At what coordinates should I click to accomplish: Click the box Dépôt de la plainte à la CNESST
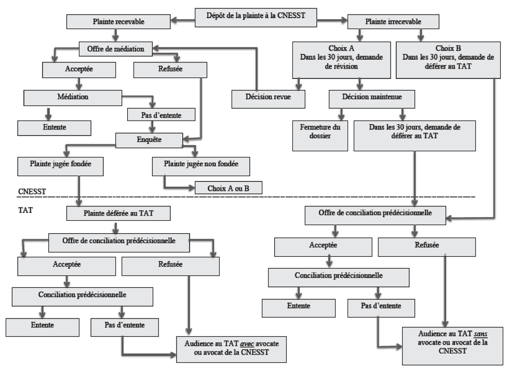coord(256,18)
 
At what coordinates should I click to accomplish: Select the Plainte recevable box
coord(118,21)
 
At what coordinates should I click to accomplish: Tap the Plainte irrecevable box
coord(393,21)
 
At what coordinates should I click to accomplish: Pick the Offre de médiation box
coord(115,49)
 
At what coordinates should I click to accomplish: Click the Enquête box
coord(149,140)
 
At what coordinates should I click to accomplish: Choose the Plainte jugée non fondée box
coord(201,166)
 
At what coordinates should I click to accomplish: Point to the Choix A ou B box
coord(228,188)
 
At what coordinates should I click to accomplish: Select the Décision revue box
coord(268,99)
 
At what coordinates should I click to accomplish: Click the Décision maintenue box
coord(372,99)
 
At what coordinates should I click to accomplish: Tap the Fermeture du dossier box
coord(320,136)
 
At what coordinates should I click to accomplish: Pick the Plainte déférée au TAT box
coord(118,214)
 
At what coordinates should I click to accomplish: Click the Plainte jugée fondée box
coord(60,166)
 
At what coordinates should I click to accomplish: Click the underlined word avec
coord(247,343)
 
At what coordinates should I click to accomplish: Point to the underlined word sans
coord(480,334)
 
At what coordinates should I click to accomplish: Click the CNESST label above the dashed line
coord(32,191)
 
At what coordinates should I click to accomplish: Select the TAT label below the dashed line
coord(25,210)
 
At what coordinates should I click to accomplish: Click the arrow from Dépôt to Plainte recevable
coord(183,20)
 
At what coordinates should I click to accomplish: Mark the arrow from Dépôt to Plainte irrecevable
coord(332,20)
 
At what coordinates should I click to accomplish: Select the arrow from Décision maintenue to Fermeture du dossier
coord(341,114)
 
